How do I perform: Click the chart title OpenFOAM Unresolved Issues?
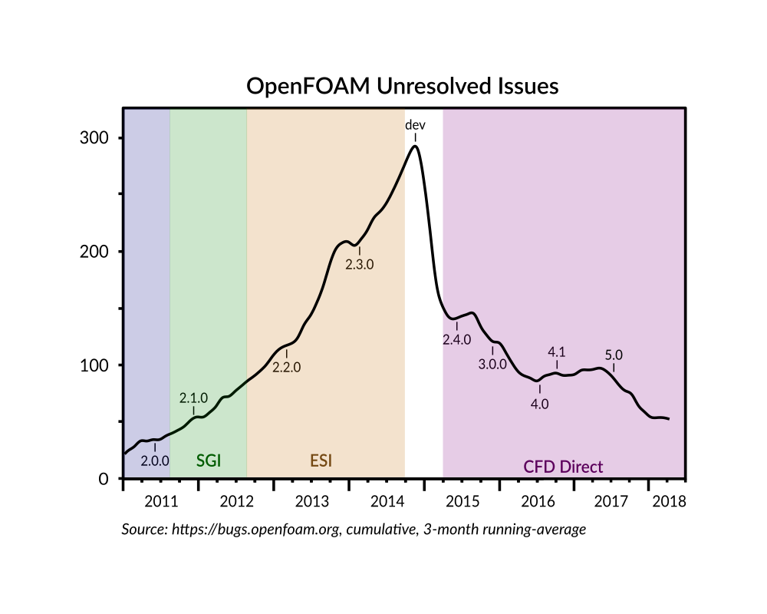point(402,86)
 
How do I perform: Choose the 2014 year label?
point(387,502)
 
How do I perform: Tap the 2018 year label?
point(667,502)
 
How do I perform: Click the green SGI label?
point(209,460)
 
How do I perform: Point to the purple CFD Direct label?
point(563,466)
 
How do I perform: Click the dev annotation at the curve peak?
point(415,125)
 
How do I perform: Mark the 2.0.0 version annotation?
point(155,461)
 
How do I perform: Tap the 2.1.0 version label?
point(193,398)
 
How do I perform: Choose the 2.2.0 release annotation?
point(287,367)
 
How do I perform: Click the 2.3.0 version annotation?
point(359,264)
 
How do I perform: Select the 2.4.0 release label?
point(456,339)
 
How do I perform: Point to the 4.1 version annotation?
point(557,352)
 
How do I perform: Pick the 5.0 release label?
point(614,355)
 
